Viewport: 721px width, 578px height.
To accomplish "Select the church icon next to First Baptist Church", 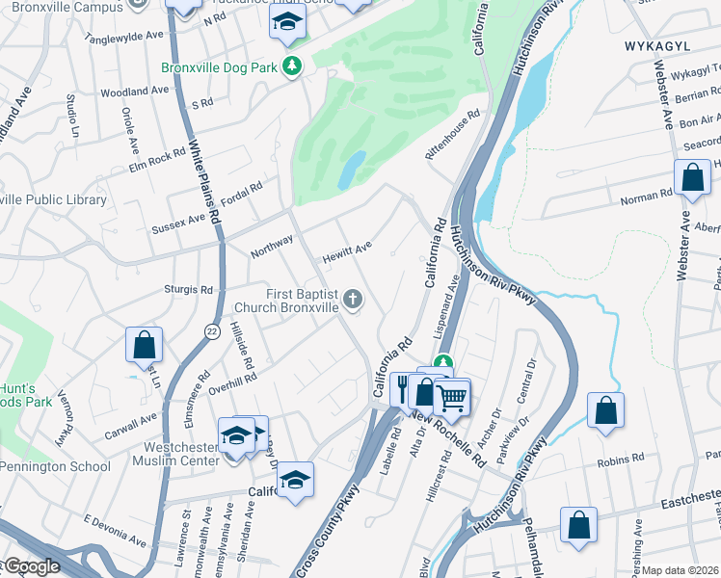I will tap(353, 300).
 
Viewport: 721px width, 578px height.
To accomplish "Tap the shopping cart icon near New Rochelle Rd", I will tap(451, 395).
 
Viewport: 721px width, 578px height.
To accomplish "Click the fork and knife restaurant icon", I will tap(403, 387).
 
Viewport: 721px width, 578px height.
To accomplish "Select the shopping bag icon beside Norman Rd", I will tap(692, 178).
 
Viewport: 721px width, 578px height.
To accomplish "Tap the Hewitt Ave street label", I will tap(347, 248).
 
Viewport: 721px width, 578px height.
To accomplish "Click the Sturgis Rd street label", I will tap(188, 289).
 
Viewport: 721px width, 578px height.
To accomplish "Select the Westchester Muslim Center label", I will tap(189, 455).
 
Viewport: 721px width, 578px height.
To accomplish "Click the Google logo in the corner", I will tap(31, 567).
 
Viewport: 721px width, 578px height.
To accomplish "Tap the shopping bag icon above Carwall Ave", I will tap(144, 345).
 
